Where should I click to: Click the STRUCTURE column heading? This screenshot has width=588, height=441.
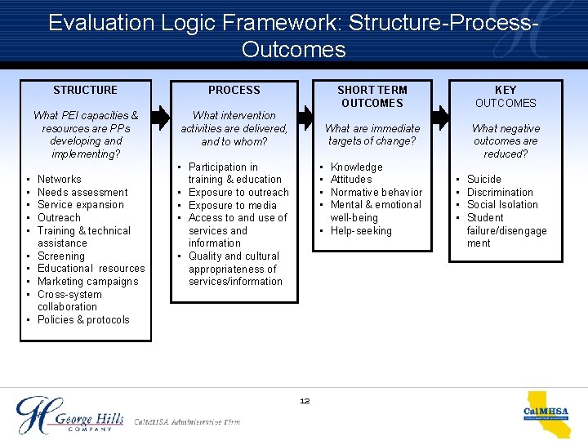click(85, 90)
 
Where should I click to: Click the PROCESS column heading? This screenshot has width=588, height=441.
click(234, 90)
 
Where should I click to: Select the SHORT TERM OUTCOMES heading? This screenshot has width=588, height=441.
click(372, 96)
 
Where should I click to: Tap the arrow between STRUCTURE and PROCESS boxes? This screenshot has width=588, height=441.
click(162, 117)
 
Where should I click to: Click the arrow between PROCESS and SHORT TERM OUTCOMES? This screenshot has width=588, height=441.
click(310, 117)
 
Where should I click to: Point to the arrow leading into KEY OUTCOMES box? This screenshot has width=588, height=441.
click(440, 117)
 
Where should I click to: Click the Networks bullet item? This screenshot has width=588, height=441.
click(60, 180)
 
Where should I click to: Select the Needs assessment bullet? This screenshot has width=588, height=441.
click(82, 192)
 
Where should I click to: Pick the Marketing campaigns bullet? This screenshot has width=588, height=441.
click(87, 282)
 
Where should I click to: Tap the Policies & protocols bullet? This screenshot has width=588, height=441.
click(83, 320)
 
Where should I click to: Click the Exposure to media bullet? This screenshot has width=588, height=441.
click(233, 205)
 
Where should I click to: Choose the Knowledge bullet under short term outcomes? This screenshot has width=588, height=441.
click(356, 167)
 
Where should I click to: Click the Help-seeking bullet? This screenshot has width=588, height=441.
click(361, 231)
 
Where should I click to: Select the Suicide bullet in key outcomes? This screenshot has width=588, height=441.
click(484, 180)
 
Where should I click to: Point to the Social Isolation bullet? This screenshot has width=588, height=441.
click(502, 205)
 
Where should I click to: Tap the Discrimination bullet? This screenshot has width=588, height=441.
click(500, 192)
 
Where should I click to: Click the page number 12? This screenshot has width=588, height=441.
click(305, 401)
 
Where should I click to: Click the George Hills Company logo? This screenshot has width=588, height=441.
click(69, 415)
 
